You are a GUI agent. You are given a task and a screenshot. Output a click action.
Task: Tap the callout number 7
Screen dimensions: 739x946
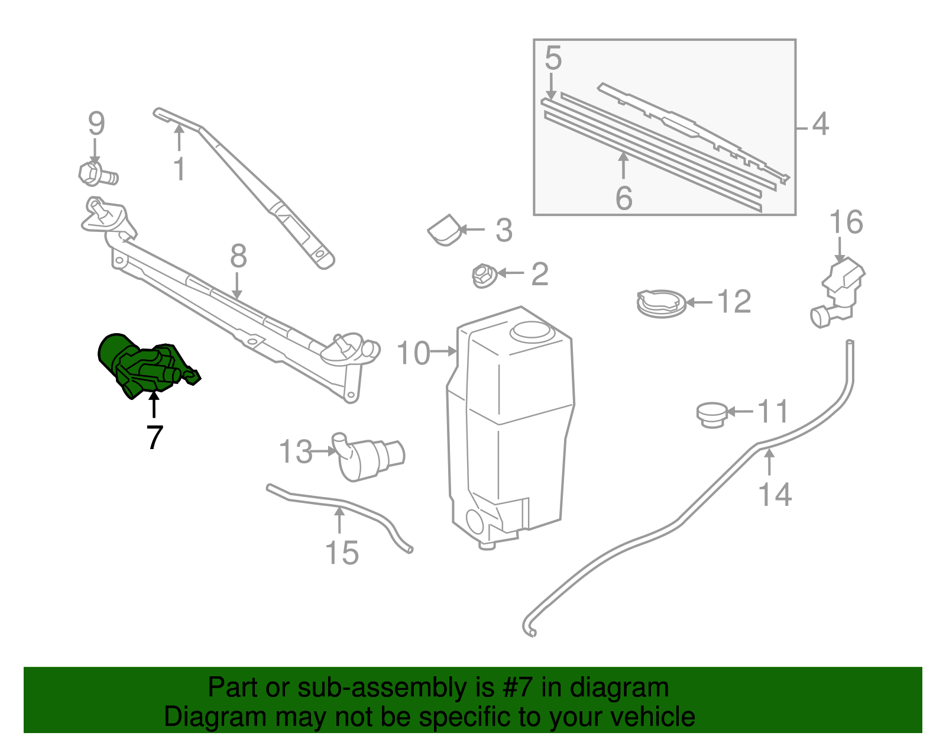(x=154, y=438)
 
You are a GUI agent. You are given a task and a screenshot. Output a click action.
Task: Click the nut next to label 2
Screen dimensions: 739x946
(x=483, y=275)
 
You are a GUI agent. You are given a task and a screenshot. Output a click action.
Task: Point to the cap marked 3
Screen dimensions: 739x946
(x=445, y=231)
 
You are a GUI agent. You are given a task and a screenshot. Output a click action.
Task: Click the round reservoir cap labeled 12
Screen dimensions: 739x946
(x=660, y=303)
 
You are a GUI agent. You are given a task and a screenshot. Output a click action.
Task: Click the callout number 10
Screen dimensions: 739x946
(x=413, y=353)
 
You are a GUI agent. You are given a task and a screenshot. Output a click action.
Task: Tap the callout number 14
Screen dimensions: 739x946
(x=775, y=494)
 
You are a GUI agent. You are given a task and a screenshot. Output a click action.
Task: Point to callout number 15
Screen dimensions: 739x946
(x=342, y=553)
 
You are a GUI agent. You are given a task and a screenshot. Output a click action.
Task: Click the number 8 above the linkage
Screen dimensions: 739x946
(x=238, y=257)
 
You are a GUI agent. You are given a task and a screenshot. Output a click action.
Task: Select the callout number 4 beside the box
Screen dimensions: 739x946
(x=820, y=124)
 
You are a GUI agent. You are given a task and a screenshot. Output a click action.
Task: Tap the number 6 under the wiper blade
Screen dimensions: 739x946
(x=624, y=198)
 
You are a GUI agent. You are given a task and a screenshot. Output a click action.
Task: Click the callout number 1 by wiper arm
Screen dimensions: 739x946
(x=179, y=169)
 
